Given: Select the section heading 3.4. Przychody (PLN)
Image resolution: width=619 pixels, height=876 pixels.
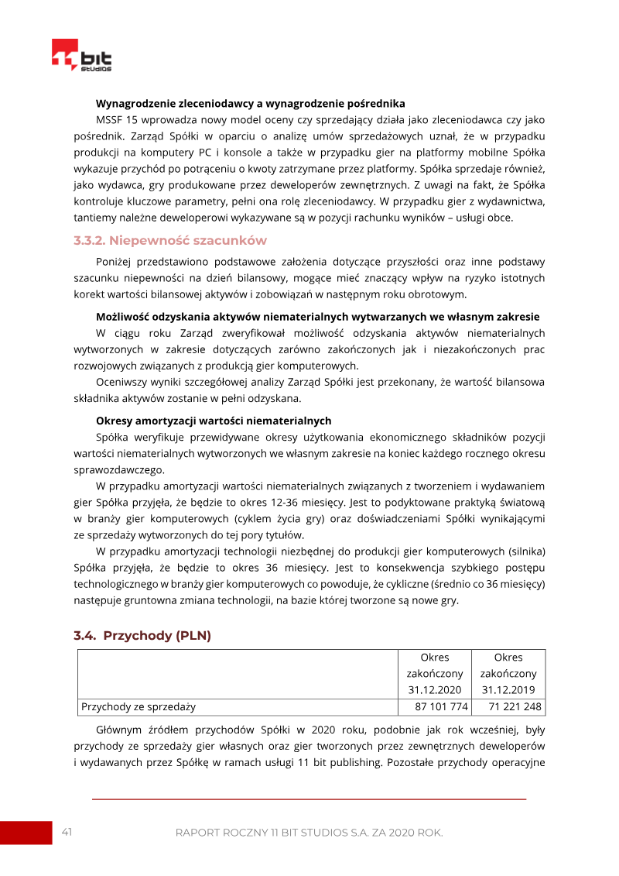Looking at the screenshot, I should click(142, 635).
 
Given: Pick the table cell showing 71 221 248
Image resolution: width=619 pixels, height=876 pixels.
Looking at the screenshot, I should click(509, 706).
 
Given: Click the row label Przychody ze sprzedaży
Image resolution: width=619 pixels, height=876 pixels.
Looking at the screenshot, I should click(139, 706).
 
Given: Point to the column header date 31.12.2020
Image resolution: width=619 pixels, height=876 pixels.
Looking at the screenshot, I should click(435, 690).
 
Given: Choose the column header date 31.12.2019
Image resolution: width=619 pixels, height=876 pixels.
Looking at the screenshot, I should click(508, 690).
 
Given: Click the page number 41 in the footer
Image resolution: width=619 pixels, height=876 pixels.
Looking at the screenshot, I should click(67, 832).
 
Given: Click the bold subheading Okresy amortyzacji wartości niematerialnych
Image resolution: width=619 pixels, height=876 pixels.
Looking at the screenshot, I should click(214, 421).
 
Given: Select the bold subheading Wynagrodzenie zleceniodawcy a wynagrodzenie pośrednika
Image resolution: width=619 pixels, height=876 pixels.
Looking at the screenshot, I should click(251, 103).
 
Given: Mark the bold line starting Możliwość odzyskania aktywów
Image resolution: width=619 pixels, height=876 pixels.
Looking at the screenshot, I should click(317, 317).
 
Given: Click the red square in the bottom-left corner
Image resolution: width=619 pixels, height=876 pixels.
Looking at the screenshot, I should click(25, 833).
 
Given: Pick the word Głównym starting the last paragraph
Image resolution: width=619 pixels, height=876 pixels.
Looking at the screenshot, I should click(119, 730).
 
